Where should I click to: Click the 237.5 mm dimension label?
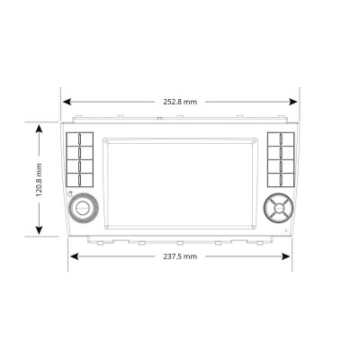pos(180,256)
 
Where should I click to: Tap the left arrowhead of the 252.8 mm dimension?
pos(66,102)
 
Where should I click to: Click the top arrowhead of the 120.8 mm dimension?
pos(40,128)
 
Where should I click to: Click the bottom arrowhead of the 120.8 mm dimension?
pos(40,231)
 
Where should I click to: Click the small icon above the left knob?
pos(69,195)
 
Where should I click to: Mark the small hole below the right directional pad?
pos(286,232)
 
